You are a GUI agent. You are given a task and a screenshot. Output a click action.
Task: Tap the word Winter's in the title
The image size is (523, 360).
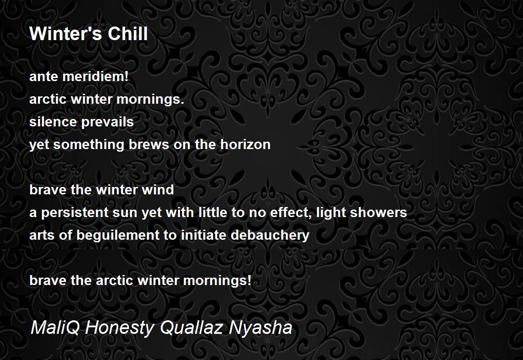(x=66, y=34)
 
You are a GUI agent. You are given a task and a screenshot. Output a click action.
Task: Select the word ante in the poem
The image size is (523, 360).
(x=44, y=77)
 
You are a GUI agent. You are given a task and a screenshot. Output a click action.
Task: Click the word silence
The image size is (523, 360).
(x=53, y=122)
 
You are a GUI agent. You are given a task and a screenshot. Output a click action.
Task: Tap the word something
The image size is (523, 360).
(x=88, y=145)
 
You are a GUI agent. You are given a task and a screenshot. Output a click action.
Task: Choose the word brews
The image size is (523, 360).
(x=149, y=144)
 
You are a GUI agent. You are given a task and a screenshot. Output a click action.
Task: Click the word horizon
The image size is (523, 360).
(x=245, y=144)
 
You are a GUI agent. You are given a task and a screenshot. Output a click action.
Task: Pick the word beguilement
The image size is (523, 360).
(x=118, y=235)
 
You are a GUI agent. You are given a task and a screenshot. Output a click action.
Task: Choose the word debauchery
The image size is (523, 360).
(x=270, y=235)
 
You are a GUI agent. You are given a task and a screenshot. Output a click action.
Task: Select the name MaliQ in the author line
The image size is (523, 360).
(x=55, y=328)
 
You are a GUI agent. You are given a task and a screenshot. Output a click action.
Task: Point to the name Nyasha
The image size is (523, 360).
(x=260, y=328)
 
